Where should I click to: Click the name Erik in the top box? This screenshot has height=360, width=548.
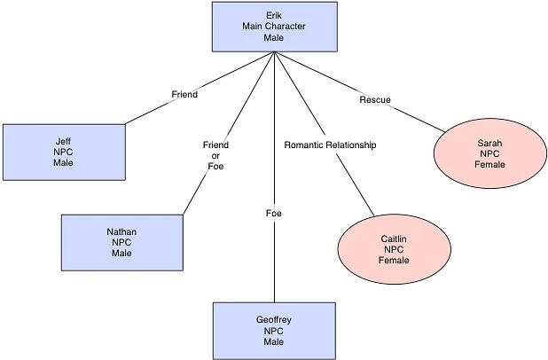(273, 16)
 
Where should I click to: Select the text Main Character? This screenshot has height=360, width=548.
(273, 27)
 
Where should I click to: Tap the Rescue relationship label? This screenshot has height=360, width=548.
(374, 100)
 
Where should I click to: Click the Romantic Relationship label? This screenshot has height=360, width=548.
(330, 145)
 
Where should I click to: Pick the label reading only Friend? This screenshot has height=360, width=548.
(184, 94)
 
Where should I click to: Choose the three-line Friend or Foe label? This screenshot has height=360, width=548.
(215, 155)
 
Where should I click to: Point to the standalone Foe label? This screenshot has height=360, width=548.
(274, 213)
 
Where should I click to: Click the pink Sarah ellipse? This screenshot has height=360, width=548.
(489, 153)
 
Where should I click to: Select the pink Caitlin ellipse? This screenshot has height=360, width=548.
(394, 249)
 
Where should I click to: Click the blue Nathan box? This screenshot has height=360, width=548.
(121, 242)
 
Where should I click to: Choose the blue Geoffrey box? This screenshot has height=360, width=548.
(274, 330)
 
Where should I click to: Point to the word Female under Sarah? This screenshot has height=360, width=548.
(489, 165)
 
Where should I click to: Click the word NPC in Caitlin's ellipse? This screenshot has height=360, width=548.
(394, 249)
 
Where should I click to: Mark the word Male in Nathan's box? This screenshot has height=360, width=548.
(121, 254)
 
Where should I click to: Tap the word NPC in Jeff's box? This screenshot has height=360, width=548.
(63, 152)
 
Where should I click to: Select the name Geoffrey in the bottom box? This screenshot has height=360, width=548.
(274, 319)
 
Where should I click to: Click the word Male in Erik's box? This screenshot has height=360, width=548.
(273, 38)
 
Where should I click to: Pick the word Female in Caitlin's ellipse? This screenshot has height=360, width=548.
(394, 261)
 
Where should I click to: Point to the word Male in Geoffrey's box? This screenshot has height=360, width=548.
(274, 341)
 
